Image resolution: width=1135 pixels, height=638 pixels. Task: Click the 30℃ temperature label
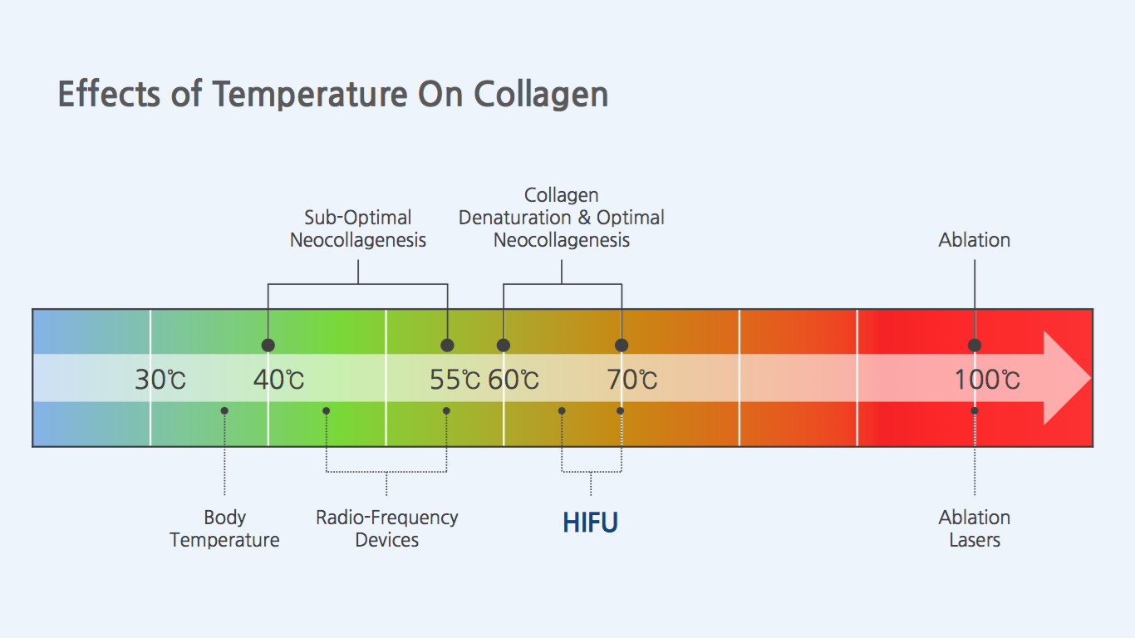coord(160,380)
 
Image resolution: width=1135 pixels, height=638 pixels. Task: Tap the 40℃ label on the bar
coord(278,380)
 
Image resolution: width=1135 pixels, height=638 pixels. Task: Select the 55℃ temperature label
coord(454,380)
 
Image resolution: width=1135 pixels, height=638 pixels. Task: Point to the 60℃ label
coord(513,380)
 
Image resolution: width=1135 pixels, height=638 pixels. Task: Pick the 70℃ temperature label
coord(631,380)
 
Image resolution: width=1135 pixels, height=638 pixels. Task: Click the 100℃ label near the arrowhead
coord(987,380)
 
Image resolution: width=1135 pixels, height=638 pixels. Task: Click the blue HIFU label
coord(590,523)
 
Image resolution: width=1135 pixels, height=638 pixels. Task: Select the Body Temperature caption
coord(224,528)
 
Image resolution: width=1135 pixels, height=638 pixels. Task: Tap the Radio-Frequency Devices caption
coord(386,528)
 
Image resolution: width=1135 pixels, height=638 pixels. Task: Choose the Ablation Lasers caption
coord(975,528)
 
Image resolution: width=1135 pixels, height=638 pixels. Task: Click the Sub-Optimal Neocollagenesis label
coord(358,228)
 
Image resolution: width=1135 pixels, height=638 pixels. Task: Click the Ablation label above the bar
coord(975,240)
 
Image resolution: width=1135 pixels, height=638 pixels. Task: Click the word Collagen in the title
coord(541,95)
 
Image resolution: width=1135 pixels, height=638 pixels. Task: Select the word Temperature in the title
coord(310,95)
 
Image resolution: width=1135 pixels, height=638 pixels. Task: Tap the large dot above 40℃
coord(268,345)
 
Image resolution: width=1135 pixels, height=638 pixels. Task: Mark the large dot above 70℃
coord(622,345)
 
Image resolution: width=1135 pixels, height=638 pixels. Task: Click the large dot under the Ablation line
coord(975,345)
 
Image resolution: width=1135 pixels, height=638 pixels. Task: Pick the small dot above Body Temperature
coord(224,410)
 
